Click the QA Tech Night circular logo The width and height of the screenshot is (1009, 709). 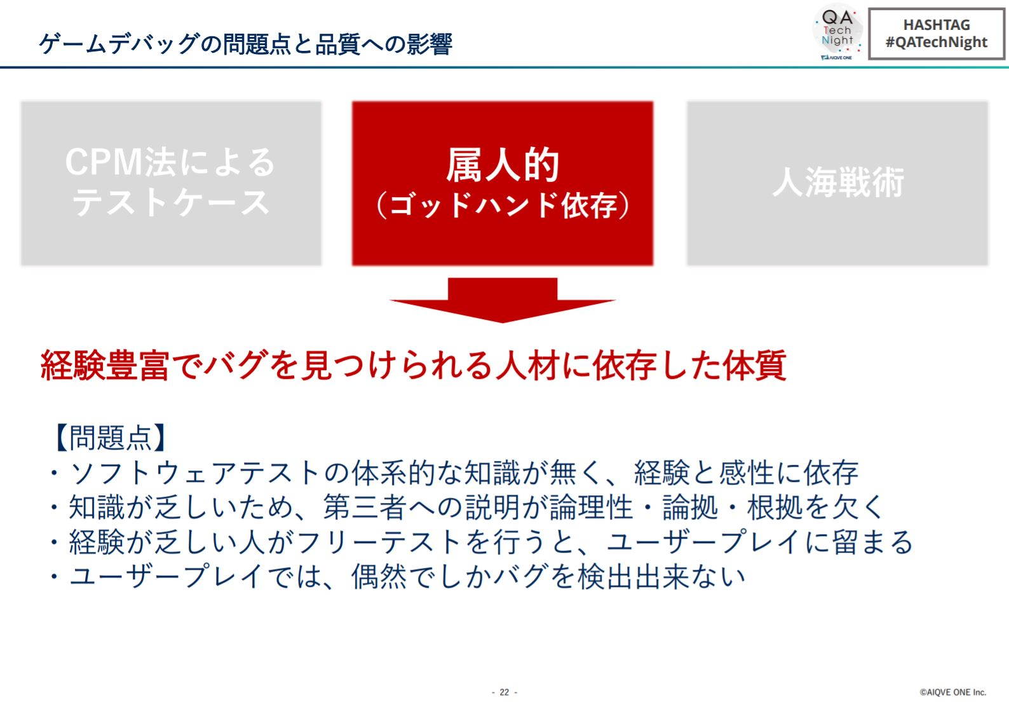pyautogui.click(x=837, y=32)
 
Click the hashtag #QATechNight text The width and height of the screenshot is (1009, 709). pyautogui.click(x=936, y=43)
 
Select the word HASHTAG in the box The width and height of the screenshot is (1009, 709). pyautogui.click(x=937, y=25)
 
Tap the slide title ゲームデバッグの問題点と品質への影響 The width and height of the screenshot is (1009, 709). pyautogui.click(x=245, y=44)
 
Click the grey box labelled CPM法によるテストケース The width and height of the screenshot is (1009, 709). pyautogui.click(x=171, y=183)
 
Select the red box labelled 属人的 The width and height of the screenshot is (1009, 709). pyautogui.click(x=502, y=183)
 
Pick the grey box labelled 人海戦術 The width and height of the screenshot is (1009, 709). pyautogui.click(x=837, y=183)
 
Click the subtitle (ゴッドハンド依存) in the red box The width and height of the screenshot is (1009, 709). pyautogui.click(x=502, y=205)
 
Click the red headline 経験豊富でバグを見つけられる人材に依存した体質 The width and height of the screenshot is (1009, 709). pyautogui.click(x=413, y=365)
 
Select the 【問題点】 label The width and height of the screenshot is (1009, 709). pyautogui.click(x=110, y=437)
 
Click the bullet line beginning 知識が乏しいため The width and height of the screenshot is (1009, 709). pyautogui.click(x=466, y=507)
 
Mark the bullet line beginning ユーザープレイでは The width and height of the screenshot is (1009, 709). pyautogui.click(x=397, y=577)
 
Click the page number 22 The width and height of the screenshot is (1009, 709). pyautogui.click(x=504, y=692)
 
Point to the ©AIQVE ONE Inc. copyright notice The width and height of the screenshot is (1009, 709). pyautogui.click(x=952, y=692)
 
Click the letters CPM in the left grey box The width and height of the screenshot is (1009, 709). pyautogui.click(x=104, y=162)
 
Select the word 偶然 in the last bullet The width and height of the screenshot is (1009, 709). pyautogui.click(x=379, y=577)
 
